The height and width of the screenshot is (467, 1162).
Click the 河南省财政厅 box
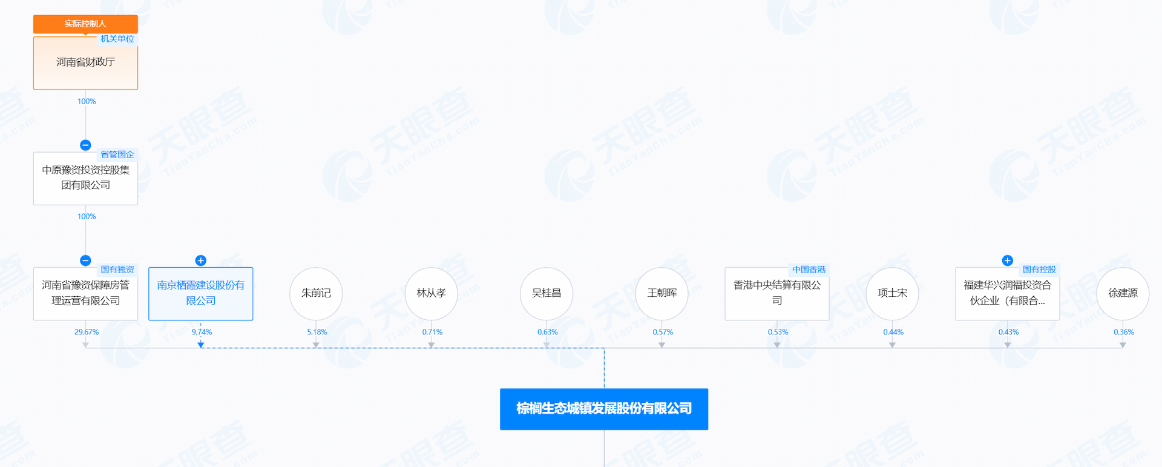pos(85,63)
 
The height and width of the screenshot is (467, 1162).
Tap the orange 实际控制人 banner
pos(85,24)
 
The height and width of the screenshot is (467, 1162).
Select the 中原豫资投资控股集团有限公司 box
pos(85,178)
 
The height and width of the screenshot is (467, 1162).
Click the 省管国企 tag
pos(117,154)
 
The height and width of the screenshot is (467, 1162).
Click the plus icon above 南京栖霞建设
pos(201,260)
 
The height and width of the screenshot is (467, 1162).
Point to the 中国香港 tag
pos(809,270)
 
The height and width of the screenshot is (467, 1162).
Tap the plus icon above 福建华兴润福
pos(1008,260)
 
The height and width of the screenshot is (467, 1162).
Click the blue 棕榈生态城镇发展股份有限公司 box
pos(604,409)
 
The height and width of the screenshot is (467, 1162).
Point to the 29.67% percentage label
pos(87,332)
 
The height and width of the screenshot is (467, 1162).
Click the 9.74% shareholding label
pos(202,332)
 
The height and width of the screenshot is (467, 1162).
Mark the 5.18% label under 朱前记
pos(317,332)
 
